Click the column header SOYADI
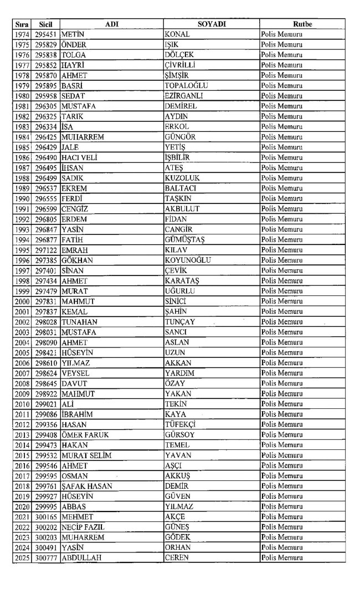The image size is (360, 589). tap(210, 24)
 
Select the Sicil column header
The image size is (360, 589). tap(45, 24)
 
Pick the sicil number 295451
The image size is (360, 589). tap(45, 34)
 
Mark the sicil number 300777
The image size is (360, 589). tap(45, 557)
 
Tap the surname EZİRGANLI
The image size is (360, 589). tap(184, 96)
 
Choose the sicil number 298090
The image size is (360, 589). tap(45, 342)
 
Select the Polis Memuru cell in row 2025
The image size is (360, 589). tap(285, 557)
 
